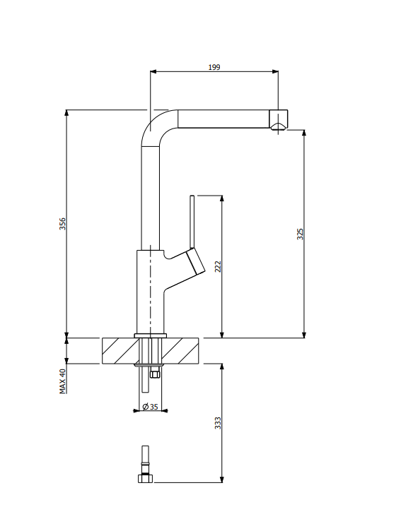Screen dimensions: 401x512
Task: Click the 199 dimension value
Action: (214, 67)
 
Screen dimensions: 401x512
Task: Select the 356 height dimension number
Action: (62, 224)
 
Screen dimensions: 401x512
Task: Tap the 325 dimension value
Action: (301, 234)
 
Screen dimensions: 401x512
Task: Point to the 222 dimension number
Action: (218, 266)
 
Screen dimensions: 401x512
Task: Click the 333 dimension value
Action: (218, 423)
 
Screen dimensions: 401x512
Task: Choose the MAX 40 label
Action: (62, 381)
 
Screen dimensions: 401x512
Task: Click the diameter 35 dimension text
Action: (151, 407)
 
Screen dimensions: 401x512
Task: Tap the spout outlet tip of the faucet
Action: (279, 119)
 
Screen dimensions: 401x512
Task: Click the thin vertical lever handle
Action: (192, 222)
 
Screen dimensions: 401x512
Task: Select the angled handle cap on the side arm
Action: (196, 261)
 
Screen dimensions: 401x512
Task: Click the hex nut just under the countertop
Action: (155, 373)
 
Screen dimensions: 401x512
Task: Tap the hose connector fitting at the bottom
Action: (145, 464)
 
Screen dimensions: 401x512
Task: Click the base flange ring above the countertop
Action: (151, 335)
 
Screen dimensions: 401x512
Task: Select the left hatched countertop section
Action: (121, 351)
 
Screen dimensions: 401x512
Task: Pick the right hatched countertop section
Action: (180, 351)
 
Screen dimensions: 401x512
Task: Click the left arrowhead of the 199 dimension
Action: (153, 71)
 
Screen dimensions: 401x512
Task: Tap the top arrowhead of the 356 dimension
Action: (66, 113)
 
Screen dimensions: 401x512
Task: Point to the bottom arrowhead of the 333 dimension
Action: (222, 479)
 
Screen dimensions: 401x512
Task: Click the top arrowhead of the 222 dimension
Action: (222, 199)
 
